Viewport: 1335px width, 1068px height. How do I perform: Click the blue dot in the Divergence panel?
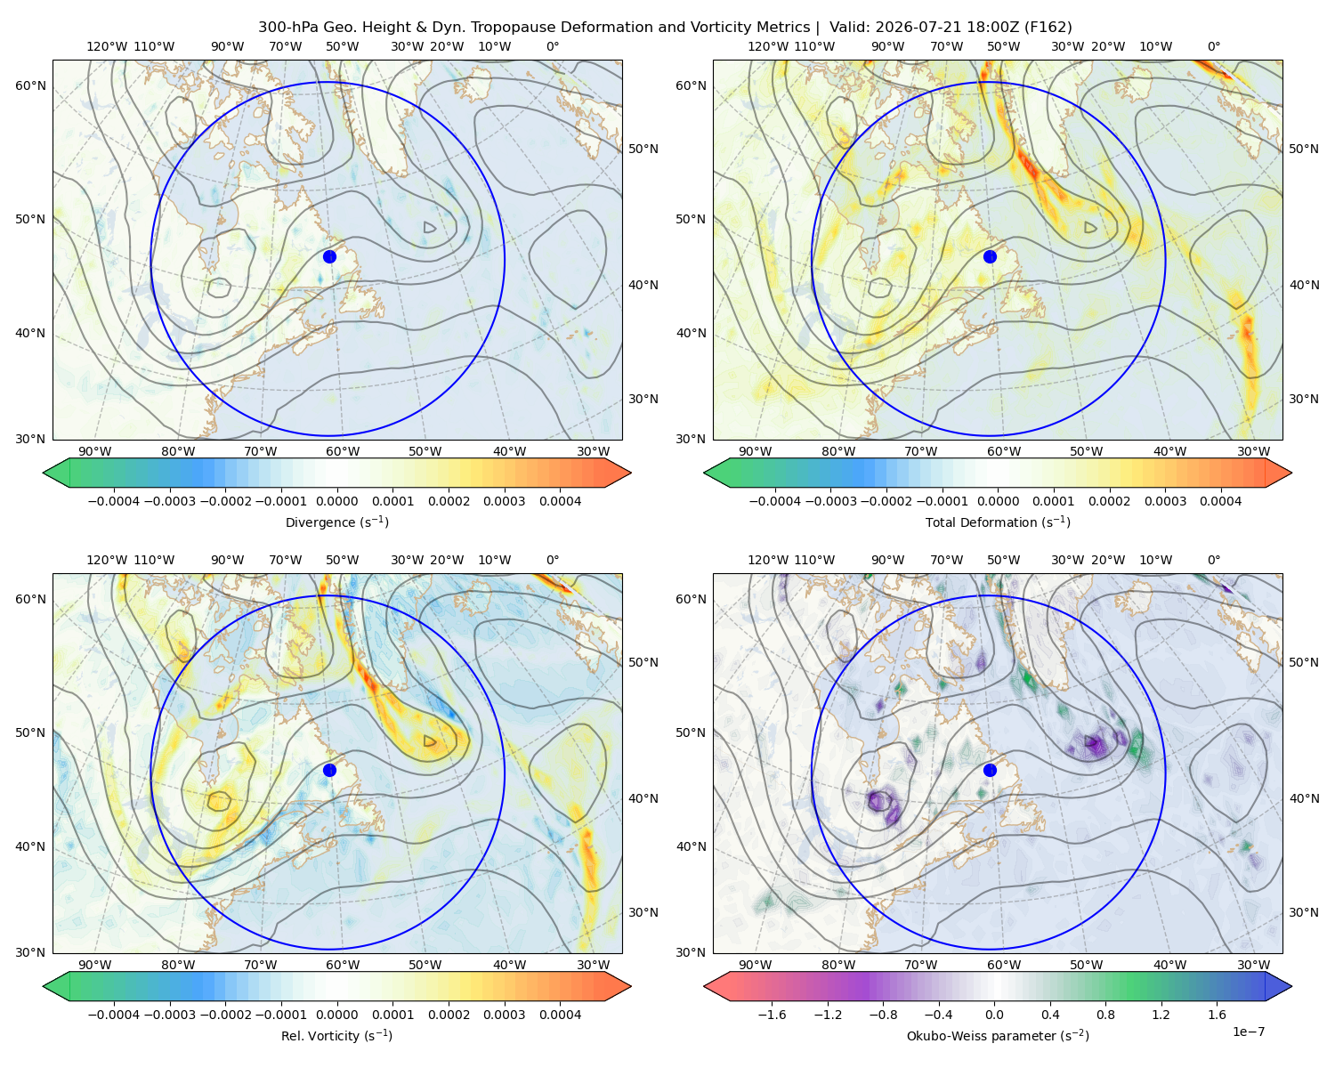[329, 256]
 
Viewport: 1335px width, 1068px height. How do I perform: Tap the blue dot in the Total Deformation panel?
[990, 256]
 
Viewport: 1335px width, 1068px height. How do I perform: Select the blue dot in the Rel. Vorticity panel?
[329, 770]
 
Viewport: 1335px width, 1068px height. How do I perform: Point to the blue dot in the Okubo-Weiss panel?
[990, 770]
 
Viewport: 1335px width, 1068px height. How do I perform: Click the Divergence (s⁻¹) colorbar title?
[336, 522]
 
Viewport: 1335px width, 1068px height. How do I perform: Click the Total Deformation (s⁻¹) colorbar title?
[998, 522]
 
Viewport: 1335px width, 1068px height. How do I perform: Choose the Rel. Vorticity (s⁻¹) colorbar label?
[336, 1035]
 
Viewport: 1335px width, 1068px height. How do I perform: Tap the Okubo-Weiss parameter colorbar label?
[998, 1035]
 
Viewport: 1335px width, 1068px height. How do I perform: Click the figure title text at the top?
[665, 28]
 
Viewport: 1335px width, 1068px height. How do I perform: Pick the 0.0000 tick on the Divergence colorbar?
[336, 501]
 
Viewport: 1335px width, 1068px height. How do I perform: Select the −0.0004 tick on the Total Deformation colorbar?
[775, 501]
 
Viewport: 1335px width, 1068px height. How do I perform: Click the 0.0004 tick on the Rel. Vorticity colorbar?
[560, 1014]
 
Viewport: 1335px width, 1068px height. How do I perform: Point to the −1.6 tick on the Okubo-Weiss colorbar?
[773, 1014]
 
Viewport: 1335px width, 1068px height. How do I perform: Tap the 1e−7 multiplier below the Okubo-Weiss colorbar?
[1248, 1032]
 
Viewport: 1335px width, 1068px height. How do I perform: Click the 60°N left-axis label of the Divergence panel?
[30, 85]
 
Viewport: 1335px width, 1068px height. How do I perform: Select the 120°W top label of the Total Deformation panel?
[767, 46]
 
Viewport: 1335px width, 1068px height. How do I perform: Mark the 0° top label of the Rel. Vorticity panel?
[553, 559]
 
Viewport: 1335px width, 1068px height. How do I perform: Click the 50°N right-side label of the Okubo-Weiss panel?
[1303, 661]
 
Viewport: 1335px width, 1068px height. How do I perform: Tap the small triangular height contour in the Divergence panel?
[429, 227]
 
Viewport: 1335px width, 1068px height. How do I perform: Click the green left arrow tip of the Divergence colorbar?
[44, 473]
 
